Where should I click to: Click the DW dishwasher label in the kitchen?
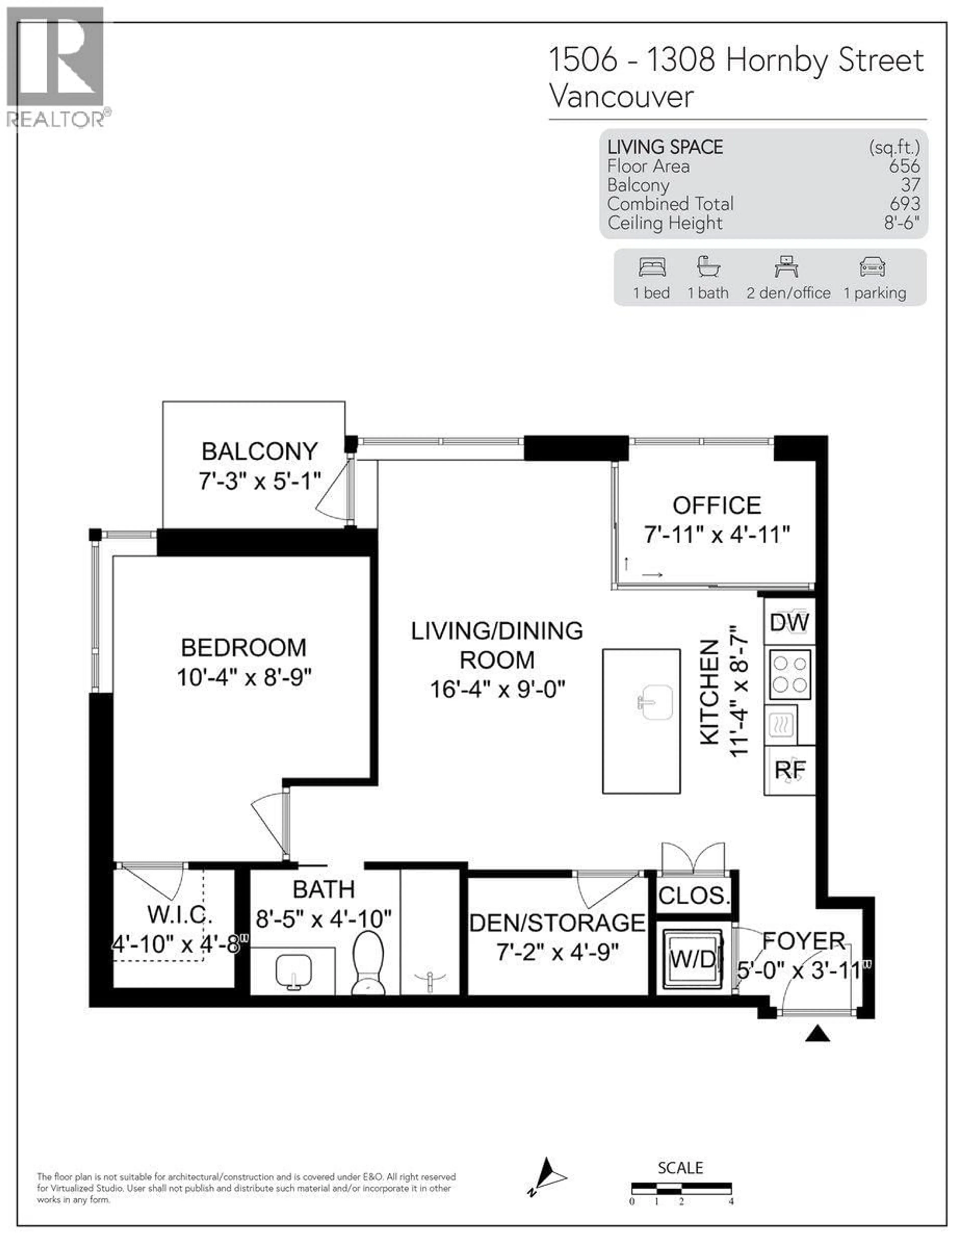789,622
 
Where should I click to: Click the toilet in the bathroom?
368,963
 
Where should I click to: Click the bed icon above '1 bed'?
652,267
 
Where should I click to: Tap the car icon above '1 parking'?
872,267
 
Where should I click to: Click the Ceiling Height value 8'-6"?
902,223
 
